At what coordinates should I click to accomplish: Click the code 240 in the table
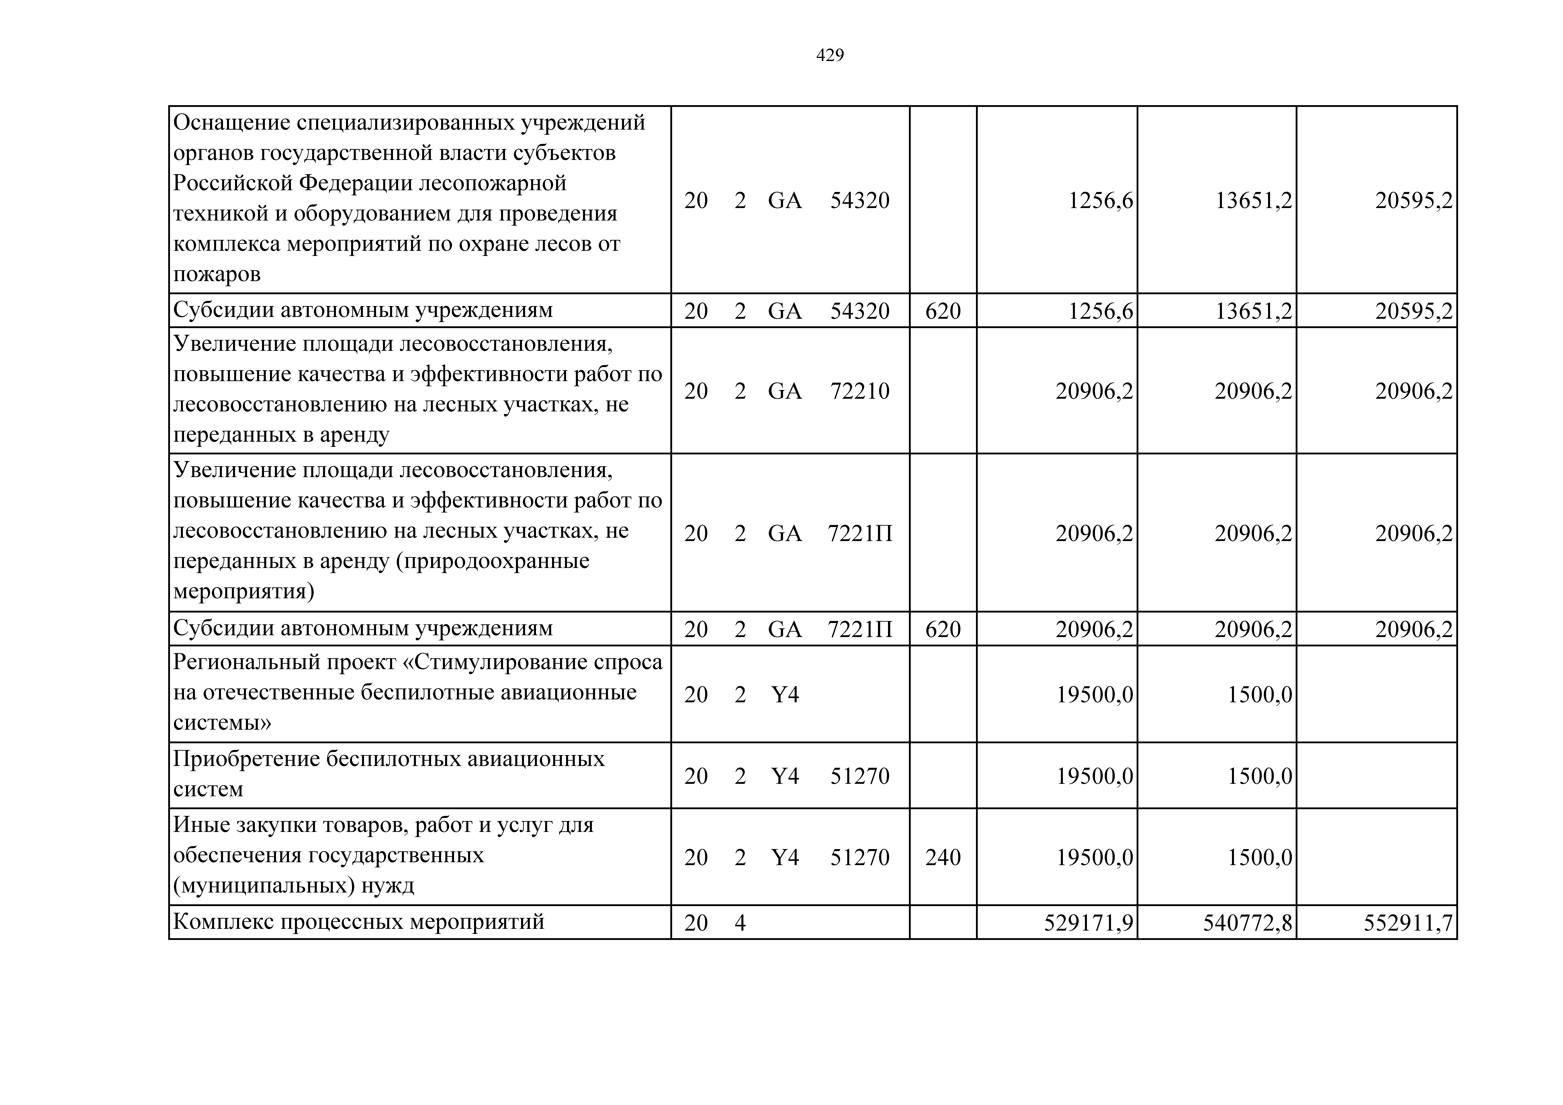click(x=943, y=857)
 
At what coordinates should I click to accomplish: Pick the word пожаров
click(x=217, y=274)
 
